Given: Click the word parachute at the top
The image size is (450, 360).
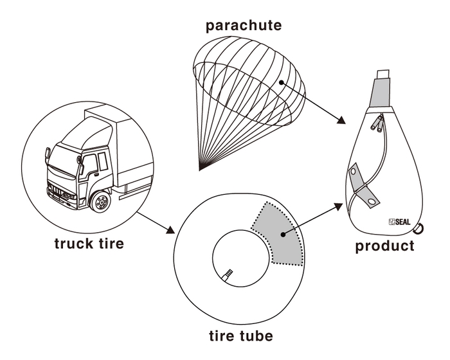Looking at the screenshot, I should [244, 26].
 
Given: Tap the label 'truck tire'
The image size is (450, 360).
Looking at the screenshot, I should [88, 244].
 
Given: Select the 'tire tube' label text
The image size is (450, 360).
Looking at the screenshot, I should [241, 336].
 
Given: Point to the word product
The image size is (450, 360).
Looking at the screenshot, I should [385, 246].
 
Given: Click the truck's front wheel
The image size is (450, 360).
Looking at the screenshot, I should [101, 203].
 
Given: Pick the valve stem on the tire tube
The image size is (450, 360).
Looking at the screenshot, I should [228, 275].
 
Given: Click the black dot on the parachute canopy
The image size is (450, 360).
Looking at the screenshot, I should [281, 82].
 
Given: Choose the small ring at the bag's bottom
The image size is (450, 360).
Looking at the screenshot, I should [419, 227].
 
